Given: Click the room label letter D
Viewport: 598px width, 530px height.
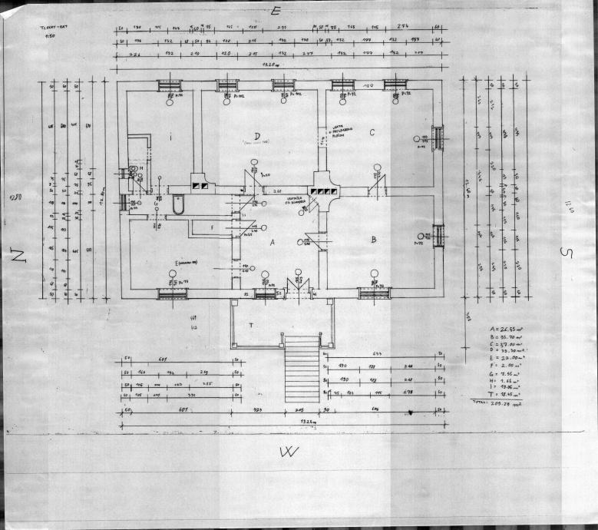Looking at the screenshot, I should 257,136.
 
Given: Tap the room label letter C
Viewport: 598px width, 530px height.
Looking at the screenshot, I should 372,132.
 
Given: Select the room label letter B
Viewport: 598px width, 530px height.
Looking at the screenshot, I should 373,240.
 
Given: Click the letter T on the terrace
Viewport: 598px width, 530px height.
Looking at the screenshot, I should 251,326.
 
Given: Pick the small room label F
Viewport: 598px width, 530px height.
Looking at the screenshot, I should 213,227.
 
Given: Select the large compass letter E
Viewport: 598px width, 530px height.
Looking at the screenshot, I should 277,10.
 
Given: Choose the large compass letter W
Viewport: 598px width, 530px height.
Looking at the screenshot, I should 289,452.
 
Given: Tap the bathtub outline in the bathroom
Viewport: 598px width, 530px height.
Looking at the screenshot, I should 179,204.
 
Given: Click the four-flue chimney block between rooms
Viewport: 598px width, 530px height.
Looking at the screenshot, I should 323,190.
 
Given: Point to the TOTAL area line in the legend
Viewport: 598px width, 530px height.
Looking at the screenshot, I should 496,402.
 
